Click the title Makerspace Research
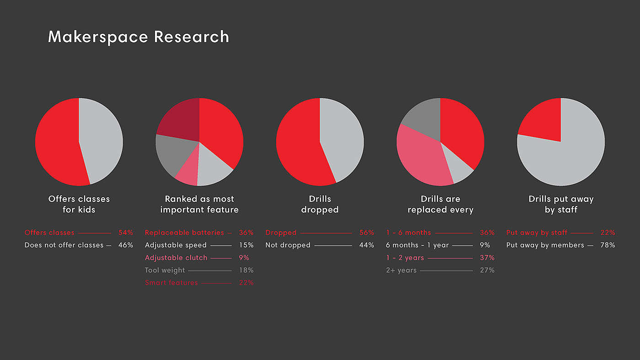pos(138,37)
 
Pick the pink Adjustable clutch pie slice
pos(188,174)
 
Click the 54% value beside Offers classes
pos(125,233)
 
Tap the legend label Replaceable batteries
pos(184,233)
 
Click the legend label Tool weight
pos(165,270)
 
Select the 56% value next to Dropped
pos(366,233)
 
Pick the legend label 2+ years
pos(401,270)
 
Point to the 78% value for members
pos(607,245)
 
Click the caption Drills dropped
pos(320,204)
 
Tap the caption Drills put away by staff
pos(561,204)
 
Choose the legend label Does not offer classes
pos(64,245)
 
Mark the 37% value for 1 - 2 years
pos(487,258)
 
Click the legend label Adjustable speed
pos(176,245)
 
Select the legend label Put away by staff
pos(537,233)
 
